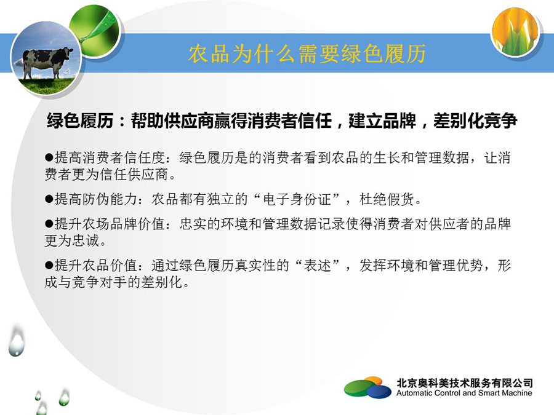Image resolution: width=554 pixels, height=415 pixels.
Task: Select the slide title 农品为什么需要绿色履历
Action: (307, 54)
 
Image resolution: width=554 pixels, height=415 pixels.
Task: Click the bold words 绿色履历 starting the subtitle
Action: (80, 121)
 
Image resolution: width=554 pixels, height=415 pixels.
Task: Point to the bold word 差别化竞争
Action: (475, 121)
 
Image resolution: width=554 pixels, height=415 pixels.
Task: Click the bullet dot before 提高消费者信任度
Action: (49, 157)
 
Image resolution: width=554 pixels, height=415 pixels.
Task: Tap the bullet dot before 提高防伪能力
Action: (49, 199)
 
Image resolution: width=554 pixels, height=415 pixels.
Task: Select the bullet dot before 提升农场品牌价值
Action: (49, 224)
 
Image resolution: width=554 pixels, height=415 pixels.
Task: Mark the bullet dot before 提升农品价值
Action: (49, 266)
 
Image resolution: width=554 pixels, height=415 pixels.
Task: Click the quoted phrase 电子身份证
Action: (297, 199)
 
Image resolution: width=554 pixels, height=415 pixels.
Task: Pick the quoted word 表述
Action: (318, 266)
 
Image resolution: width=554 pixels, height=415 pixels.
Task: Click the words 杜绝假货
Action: (387, 199)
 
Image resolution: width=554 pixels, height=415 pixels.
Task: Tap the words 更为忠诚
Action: (72, 240)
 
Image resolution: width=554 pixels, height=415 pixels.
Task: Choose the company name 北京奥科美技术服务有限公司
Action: (465, 382)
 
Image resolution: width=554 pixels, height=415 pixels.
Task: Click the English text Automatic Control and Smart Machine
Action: (464, 393)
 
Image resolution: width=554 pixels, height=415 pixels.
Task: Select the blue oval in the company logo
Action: (379, 392)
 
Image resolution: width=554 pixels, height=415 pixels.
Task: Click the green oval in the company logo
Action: (358, 387)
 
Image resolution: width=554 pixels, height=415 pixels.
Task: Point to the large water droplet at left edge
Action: (17, 342)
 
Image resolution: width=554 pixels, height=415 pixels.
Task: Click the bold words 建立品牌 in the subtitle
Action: (382, 121)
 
